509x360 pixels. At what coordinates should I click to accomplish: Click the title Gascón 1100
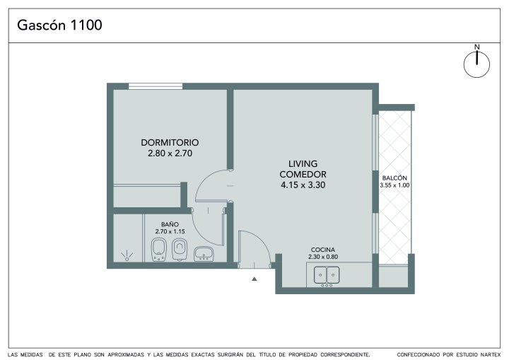tap(59, 25)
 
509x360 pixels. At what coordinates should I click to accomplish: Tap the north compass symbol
tap(476, 64)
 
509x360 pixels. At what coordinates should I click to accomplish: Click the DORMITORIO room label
tap(170, 142)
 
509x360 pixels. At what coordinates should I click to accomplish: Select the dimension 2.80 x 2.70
tap(170, 153)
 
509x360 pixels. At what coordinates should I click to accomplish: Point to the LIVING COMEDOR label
tap(303, 168)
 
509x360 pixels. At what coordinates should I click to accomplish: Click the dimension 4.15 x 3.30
tap(303, 185)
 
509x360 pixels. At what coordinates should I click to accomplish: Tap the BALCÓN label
tap(394, 178)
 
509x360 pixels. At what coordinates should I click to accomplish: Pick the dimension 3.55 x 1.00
tap(394, 185)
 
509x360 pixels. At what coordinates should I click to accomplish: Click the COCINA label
tap(322, 250)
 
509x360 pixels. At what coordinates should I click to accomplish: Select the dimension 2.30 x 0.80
tap(322, 257)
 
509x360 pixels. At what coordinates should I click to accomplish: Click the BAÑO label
tap(170, 224)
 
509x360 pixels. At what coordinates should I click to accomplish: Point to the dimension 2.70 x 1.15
tap(170, 231)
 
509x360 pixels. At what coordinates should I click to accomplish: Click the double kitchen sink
tap(327, 275)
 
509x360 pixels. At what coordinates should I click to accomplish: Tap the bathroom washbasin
tap(204, 254)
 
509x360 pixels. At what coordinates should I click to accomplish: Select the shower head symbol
tap(127, 256)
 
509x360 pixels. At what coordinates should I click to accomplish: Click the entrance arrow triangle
tap(255, 279)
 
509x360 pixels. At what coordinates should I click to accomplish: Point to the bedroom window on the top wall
tap(155, 86)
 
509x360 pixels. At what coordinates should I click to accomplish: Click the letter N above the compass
tap(476, 47)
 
